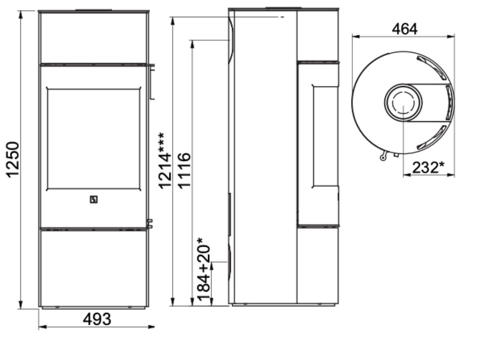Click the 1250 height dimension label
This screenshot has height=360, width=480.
12,160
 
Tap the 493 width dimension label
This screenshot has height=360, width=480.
97,319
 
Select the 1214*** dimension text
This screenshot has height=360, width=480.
164,161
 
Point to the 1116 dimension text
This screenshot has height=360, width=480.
184,171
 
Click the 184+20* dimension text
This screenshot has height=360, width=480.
203,269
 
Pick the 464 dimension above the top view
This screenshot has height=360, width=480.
404,29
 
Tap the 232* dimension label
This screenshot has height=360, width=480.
428,168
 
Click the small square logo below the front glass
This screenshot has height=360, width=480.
94,200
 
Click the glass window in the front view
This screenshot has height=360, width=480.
94,139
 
